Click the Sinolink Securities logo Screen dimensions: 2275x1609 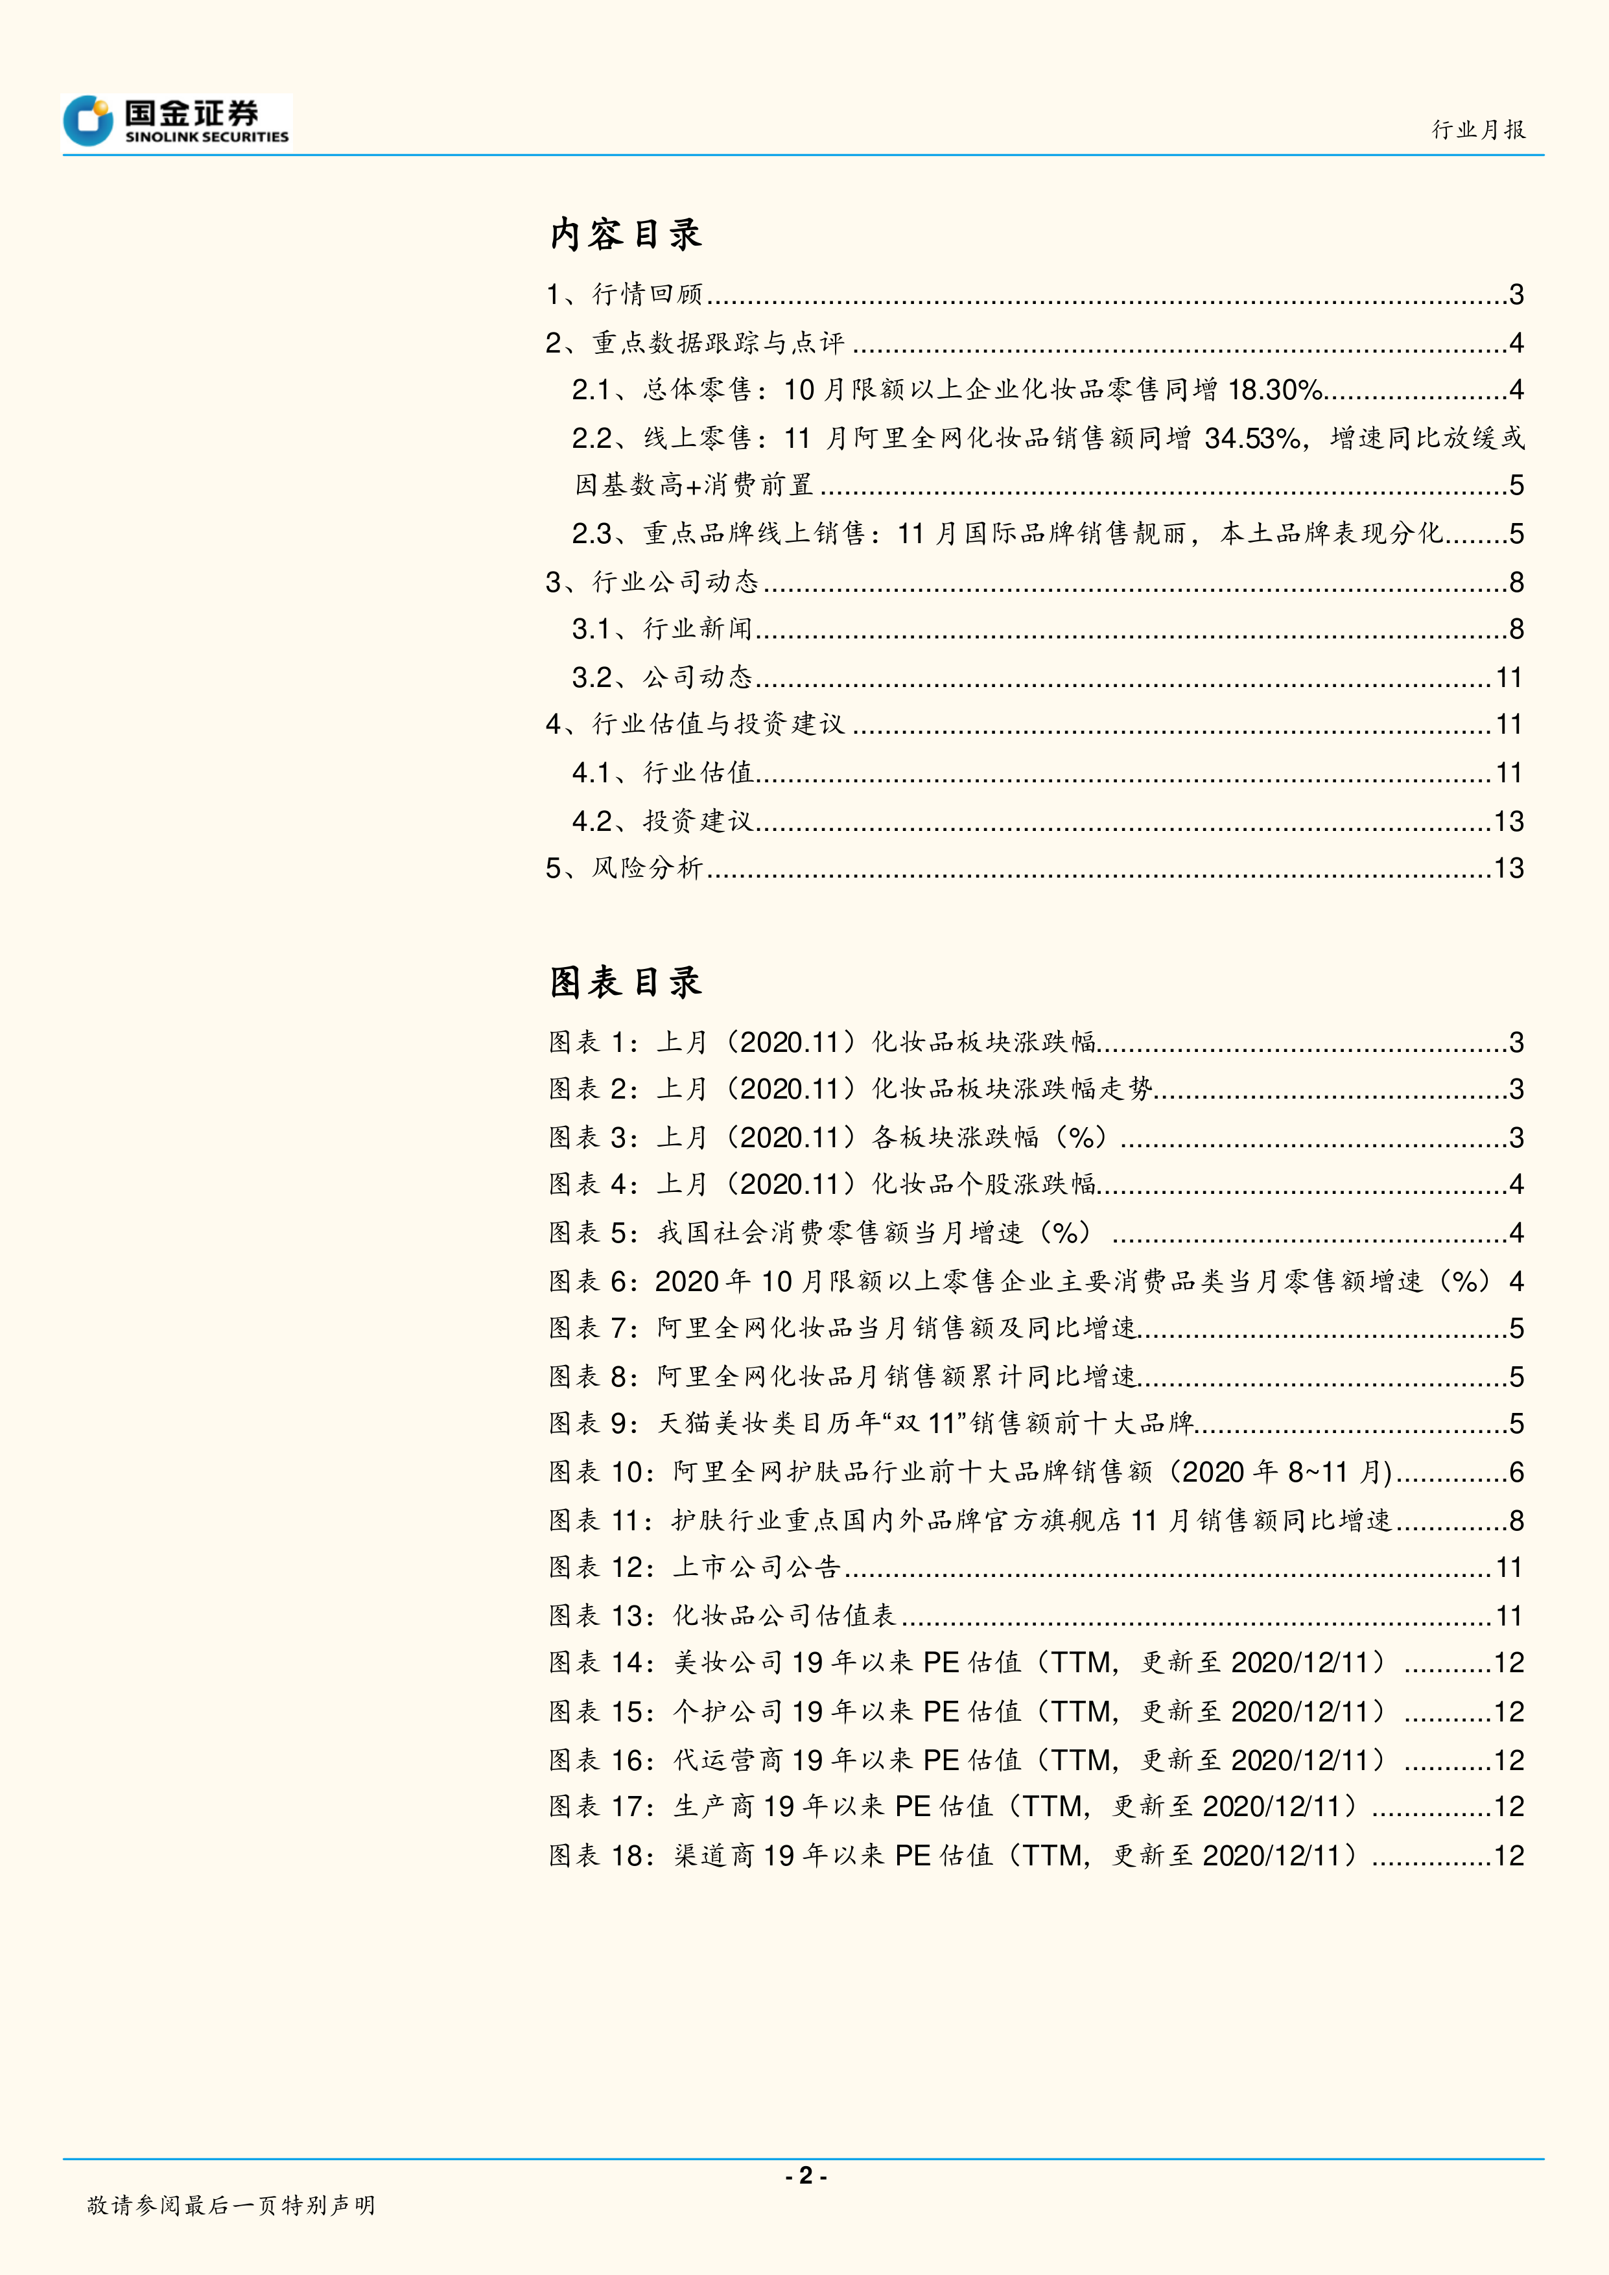pyautogui.click(x=176, y=122)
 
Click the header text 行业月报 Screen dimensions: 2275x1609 pyautogui.click(x=1478, y=130)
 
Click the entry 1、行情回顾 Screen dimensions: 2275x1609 pyautogui.click(x=624, y=294)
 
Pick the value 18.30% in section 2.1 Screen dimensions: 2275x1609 pyautogui.click(x=1275, y=390)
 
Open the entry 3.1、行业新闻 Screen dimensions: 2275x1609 pyautogui.click(x=662, y=629)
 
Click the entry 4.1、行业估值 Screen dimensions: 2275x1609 pyautogui.click(x=662, y=773)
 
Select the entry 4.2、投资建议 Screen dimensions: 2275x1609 pyautogui.click(x=662, y=821)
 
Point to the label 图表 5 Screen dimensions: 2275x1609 pyautogui.click(x=593, y=1233)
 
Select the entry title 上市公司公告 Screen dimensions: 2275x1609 pyautogui.click(x=757, y=1567)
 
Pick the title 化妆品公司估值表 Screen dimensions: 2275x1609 pyautogui.click(x=784, y=1616)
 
